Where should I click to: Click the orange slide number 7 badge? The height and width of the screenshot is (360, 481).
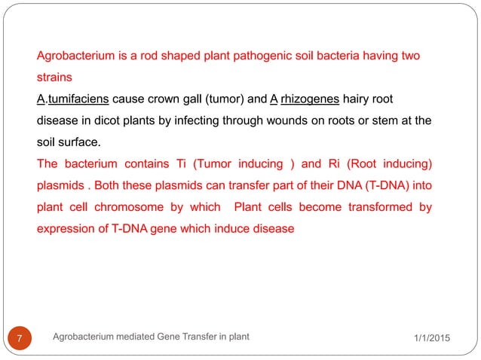tap(27, 337)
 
